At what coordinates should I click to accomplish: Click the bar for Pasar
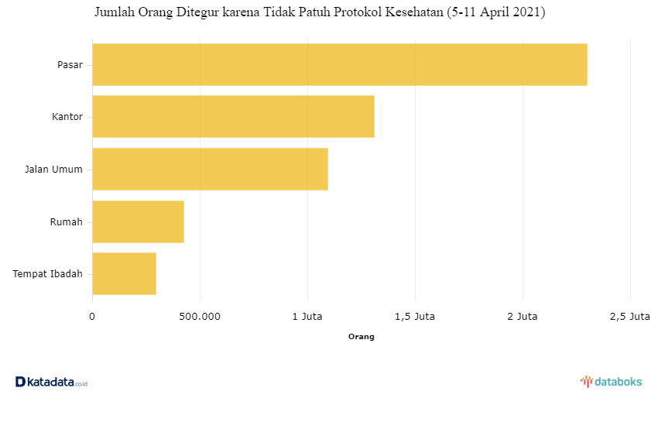(339, 64)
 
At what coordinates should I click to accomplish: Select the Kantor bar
(233, 116)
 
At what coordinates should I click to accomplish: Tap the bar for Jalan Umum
(210, 169)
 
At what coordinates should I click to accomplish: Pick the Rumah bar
(138, 221)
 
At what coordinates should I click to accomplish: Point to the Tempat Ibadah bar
(124, 273)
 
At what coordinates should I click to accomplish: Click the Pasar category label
(70, 64)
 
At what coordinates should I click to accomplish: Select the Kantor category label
(67, 117)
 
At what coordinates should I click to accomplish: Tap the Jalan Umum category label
(53, 170)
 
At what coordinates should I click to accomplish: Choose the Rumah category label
(66, 222)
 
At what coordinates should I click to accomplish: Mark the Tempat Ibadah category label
(47, 273)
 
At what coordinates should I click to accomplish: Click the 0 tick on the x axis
(92, 316)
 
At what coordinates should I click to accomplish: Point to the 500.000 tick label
(199, 316)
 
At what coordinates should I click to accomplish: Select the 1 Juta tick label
(307, 316)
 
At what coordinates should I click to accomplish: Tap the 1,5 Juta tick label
(415, 316)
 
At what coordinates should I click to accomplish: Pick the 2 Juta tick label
(523, 316)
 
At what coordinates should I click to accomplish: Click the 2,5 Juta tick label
(629, 316)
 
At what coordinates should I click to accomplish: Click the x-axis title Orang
(361, 337)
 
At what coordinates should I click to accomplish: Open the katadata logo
(51, 382)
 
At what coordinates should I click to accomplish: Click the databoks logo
(611, 381)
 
